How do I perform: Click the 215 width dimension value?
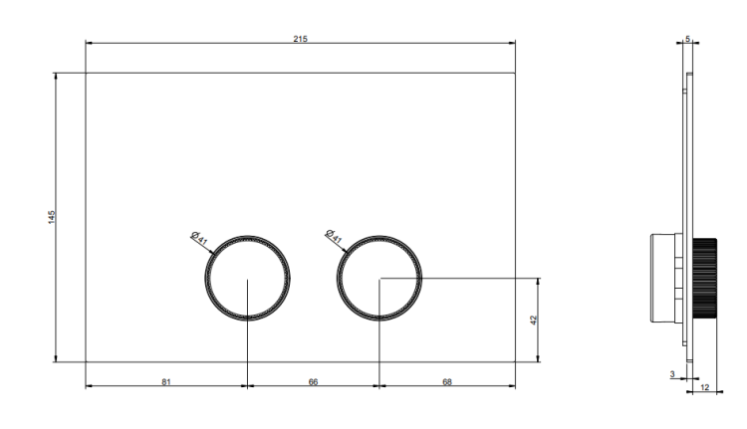tap(300, 39)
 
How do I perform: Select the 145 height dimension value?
tap(52, 217)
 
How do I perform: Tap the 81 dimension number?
tap(165, 381)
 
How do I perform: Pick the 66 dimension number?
tap(313, 381)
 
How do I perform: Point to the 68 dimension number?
tap(447, 381)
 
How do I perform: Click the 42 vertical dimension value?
tap(534, 320)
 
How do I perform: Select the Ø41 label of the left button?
tap(199, 238)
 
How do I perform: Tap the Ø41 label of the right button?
tap(334, 236)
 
